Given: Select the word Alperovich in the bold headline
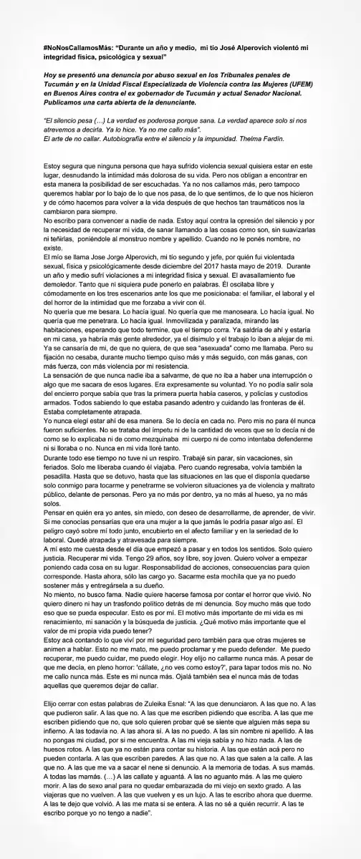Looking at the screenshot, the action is (x=246, y=46).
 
